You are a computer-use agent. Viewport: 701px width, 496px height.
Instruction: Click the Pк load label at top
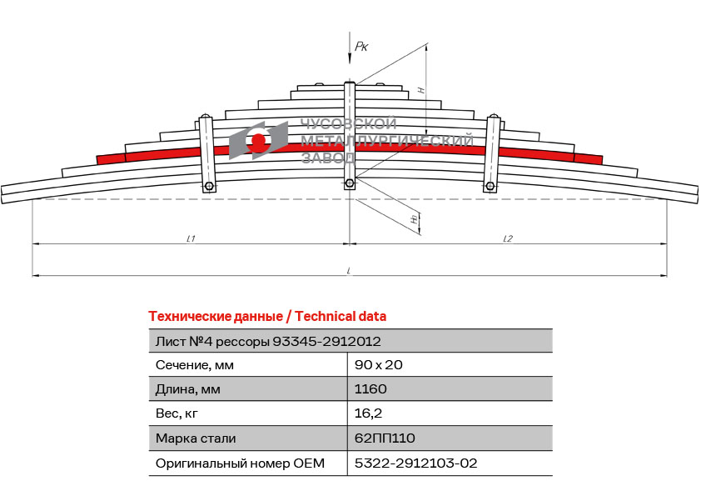(361, 46)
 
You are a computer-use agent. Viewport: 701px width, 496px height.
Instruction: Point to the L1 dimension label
(191, 238)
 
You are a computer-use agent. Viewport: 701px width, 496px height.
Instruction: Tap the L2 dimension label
(508, 238)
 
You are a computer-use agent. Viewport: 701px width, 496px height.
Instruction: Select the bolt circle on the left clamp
(209, 186)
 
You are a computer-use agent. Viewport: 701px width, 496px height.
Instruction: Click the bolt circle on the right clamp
(490, 186)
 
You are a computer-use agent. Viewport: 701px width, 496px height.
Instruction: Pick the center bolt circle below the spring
(350, 183)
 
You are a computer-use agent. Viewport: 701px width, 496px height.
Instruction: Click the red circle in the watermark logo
(258, 141)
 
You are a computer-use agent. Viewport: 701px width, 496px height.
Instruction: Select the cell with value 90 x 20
(378, 365)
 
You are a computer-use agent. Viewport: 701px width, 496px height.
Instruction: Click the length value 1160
(370, 389)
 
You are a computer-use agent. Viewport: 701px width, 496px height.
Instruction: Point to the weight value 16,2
(368, 413)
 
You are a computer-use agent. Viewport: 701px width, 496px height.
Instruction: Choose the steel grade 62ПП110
(385, 438)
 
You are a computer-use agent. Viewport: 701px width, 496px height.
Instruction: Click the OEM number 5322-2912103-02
(415, 463)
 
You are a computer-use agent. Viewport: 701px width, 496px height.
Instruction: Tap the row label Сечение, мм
(195, 365)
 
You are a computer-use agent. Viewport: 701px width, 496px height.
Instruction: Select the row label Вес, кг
(176, 413)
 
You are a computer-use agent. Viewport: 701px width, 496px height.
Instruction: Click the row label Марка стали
(196, 438)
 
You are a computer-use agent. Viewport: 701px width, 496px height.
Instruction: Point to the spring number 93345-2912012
(327, 342)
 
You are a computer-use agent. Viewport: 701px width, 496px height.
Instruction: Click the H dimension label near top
(421, 90)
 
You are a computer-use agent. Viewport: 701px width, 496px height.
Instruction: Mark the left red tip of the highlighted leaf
(97, 160)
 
